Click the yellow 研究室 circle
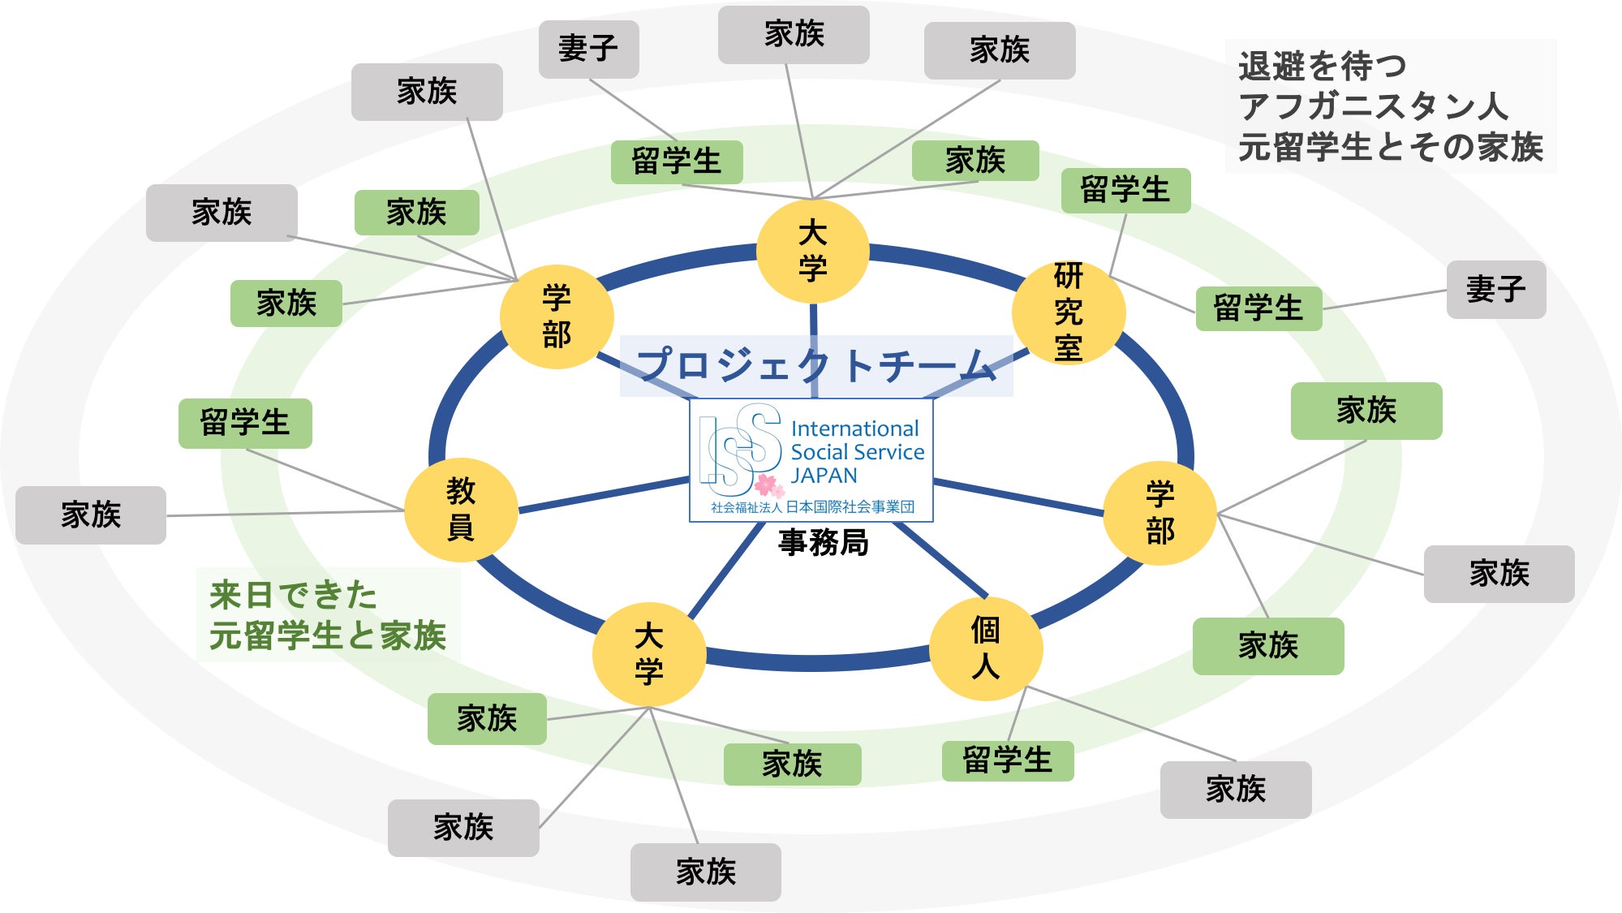1069,312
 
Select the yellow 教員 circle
461,510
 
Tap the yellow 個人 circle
985,648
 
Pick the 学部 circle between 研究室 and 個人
1159,513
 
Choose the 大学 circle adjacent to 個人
648,654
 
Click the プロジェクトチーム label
815,366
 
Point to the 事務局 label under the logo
823,542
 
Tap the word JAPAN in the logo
824,476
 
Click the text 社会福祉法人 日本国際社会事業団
812,507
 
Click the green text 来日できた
293,595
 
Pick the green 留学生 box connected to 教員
245,423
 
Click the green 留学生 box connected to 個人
1007,760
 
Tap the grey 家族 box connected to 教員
91,515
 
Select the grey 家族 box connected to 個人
1235,789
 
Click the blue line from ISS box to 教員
604,496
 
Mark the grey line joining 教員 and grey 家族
284,513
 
